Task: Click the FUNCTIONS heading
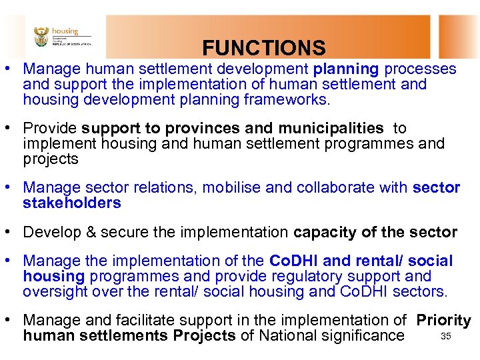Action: click(x=264, y=48)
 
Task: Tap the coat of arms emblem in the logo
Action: click(x=41, y=36)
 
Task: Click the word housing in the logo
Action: click(x=65, y=31)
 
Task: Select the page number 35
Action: click(x=447, y=336)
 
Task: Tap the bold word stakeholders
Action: click(x=72, y=203)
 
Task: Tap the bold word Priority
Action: click(x=443, y=321)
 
